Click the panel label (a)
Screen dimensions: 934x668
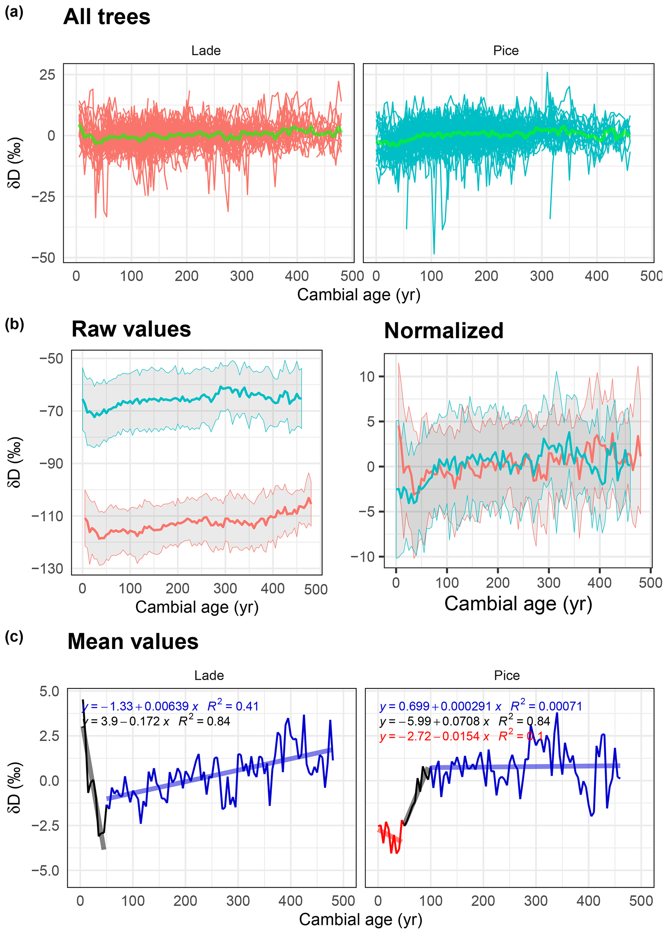pos(14,12)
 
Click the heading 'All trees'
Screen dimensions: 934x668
pos(107,17)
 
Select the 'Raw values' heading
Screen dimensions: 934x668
pos(131,330)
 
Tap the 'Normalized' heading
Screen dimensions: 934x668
pos(443,331)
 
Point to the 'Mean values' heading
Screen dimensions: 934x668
pos(133,642)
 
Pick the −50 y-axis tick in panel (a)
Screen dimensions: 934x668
pos(44,258)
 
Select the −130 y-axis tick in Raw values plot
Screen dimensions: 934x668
pos(47,569)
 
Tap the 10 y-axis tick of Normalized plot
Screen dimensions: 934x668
pos(367,376)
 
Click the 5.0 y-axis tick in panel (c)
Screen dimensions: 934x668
pos(49,692)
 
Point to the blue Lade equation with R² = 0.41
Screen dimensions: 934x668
pos(170,706)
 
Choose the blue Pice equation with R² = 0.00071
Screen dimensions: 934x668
pos(480,706)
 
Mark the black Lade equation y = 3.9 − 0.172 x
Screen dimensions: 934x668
pos(156,722)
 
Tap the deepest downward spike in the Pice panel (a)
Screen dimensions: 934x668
pos(434,253)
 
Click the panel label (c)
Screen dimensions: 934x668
pos(14,637)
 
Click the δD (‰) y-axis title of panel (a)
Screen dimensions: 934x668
pos(15,163)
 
